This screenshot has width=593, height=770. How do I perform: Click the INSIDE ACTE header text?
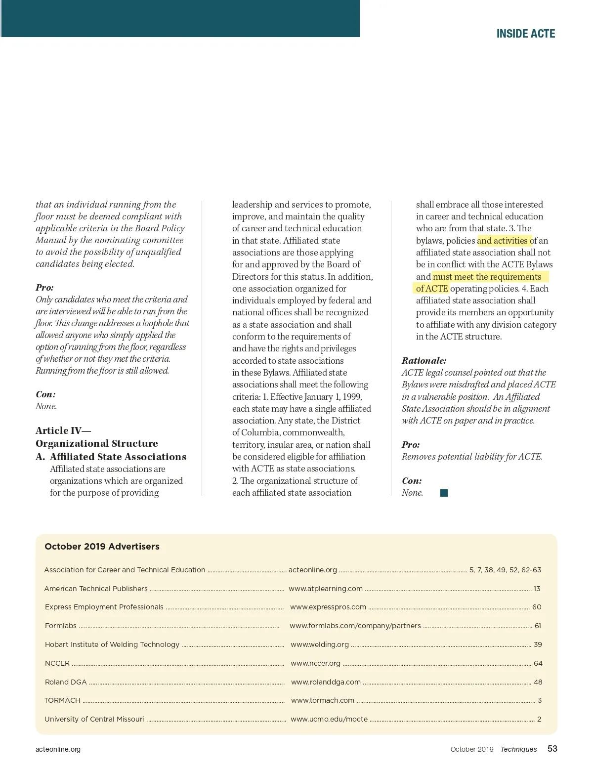coord(525,34)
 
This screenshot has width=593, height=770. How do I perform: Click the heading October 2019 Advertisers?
coord(102,546)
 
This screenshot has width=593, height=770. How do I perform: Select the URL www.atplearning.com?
coord(326,589)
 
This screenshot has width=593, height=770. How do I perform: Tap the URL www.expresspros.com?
coord(328,607)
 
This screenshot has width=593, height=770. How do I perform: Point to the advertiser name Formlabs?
coord(61,626)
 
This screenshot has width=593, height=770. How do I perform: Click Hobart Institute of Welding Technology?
coord(112,644)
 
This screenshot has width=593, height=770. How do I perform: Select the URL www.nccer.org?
coord(316,663)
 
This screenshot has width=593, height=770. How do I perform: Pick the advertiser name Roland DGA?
coord(66,682)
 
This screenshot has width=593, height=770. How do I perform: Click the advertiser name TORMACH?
coord(62,700)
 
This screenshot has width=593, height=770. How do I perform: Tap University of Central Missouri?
coord(94,719)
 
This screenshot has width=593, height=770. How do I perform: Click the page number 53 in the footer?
coord(552,749)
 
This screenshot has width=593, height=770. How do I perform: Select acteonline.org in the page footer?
coord(58,749)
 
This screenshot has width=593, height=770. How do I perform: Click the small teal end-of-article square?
coord(444,493)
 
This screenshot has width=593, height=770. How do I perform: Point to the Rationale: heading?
coord(424,361)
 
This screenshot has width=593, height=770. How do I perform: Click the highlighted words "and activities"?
coord(503,241)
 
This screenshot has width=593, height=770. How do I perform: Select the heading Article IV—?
coord(63,430)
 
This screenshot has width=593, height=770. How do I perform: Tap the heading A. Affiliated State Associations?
coord(111,457)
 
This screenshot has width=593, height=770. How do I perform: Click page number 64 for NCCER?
coord(538,663)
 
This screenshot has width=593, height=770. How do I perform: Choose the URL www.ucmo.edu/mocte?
coord(329,719)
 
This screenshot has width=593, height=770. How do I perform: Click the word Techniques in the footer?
coord(518,749)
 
